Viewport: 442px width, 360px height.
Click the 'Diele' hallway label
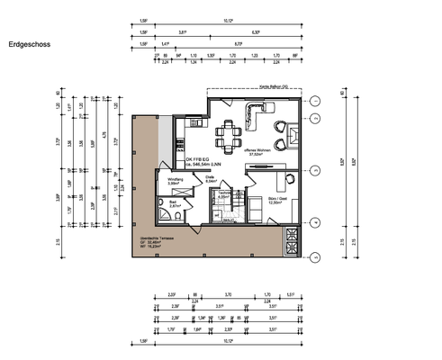(x=210, y=178)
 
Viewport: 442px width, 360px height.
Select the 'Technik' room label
(x=225, y=194)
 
